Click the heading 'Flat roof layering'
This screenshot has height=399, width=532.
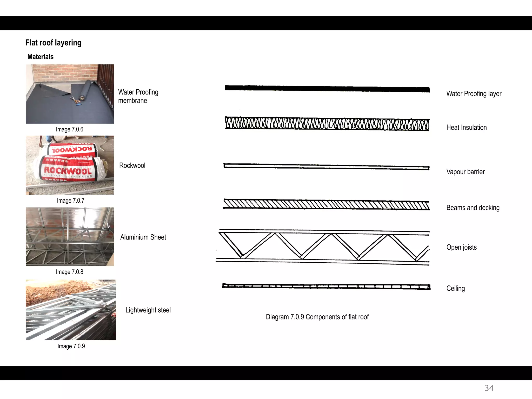click(x=53, y=43)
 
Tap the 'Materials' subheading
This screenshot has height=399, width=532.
click(x=41, y=57)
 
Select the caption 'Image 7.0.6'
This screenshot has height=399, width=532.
click(x=70, y=129)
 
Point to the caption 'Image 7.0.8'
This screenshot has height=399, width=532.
click(x=70, y=272)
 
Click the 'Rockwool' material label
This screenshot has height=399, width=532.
click(x=132, y=165)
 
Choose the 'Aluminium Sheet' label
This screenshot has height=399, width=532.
click(x=143, y=237)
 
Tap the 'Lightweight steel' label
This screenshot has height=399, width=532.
click(x=148, y=310)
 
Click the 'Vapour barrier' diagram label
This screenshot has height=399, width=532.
click(x=465, y=172)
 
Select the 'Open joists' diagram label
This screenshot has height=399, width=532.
click(x=462, y=247)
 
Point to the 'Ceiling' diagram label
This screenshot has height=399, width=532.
click(x=456, y=289)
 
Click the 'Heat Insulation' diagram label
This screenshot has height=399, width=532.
click(x=467, y=128)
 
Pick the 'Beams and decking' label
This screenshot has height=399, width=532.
click(x=473, y=208)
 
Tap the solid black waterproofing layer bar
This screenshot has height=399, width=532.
click(x=327, y=88)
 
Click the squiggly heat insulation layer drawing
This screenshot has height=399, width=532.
click(x=327, y=124)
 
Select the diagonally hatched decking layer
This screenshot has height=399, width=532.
click(x=327, y=205)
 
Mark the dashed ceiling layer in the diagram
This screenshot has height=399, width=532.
click(x=327, y=287)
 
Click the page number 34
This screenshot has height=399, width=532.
click(x=489, y=388)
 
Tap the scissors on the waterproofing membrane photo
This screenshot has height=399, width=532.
click(x=74, y=99)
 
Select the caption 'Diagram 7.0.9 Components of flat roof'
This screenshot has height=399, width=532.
click(x=317, y=317)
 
